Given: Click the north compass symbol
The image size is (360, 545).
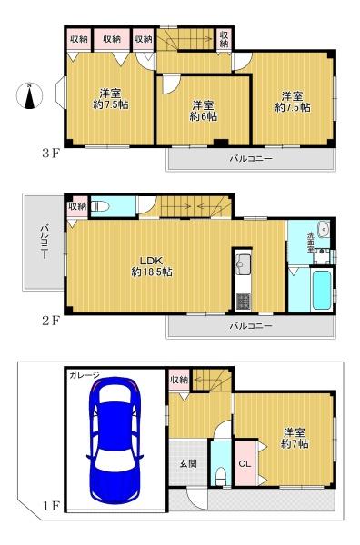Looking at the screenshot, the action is click(30, 95).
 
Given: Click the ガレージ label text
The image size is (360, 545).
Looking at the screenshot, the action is click(85, 375).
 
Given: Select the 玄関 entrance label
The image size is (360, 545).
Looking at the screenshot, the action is click(188, 463).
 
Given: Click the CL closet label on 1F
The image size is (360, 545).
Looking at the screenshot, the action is click(245, 463).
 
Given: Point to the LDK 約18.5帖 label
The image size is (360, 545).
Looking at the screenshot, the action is click(152, 266).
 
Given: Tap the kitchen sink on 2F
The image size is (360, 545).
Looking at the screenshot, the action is click(243, 263).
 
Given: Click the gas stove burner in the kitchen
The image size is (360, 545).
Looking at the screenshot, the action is click(243, 302).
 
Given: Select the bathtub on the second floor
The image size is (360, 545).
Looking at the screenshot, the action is click(322, 290).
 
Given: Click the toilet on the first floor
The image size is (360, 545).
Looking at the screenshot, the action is click(221, 476).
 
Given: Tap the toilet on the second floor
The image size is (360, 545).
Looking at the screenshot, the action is click(100, 207).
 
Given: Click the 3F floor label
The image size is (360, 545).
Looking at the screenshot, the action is click(51, 154).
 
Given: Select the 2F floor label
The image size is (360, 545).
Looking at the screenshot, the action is click(51, 321).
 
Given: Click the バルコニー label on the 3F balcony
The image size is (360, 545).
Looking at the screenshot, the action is click(250, 159).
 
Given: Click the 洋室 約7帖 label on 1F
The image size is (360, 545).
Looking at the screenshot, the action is click(295, 438).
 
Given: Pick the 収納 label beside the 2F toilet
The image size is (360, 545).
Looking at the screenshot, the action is click(77, 206).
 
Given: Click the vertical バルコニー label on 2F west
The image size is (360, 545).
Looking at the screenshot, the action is click(45, 242).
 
